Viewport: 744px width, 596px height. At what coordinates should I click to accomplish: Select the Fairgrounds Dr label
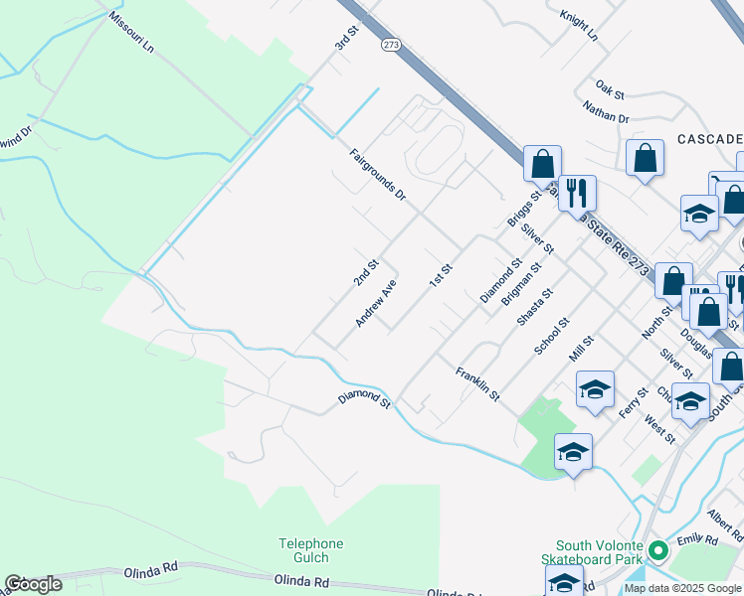tap(378, 173)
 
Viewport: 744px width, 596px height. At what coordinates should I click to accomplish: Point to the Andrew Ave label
tap(376, 303)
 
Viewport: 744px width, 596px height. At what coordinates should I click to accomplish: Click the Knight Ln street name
tap(579, 26)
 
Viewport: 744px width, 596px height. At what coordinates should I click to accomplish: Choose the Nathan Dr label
tap(606, 112)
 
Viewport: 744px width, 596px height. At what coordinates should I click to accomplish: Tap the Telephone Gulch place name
tap(310, 550)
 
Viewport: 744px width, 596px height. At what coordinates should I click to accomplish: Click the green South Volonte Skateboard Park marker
tap(656, 550)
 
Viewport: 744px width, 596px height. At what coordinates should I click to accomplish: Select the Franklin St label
tap(477, 383)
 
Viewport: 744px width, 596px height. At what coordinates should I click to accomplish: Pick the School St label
tap(551, 336)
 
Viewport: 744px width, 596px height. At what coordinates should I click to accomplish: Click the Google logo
tap(33, 584)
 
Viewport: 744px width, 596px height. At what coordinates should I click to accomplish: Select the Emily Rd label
tap(696, 540)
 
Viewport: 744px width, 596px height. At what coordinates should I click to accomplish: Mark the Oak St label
tap(609, 90)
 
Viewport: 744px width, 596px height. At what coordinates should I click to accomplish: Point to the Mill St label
tap(581, 349)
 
